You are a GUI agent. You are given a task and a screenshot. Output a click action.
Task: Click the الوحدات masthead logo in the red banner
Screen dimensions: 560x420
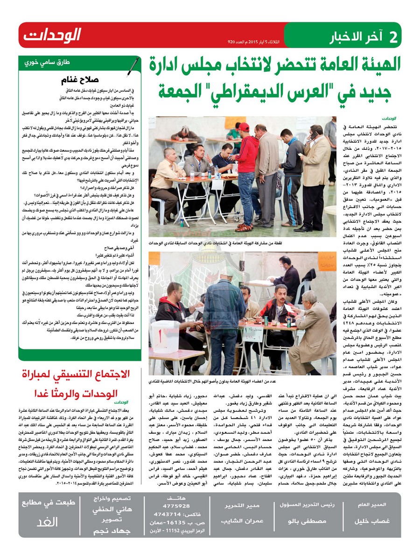[x=53, y=35]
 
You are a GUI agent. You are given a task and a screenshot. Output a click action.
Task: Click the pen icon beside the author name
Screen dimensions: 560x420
[x=133, y=66]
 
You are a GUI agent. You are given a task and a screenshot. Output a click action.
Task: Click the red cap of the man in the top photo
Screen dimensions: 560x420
[x=244, y=126]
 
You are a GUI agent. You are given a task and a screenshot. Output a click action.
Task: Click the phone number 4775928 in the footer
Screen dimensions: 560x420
[x=179, y=506]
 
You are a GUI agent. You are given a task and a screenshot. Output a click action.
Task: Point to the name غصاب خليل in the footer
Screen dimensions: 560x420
[x=368, y=521]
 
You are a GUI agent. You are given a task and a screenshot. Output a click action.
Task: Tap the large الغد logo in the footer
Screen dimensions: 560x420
[x=49, y=521]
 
